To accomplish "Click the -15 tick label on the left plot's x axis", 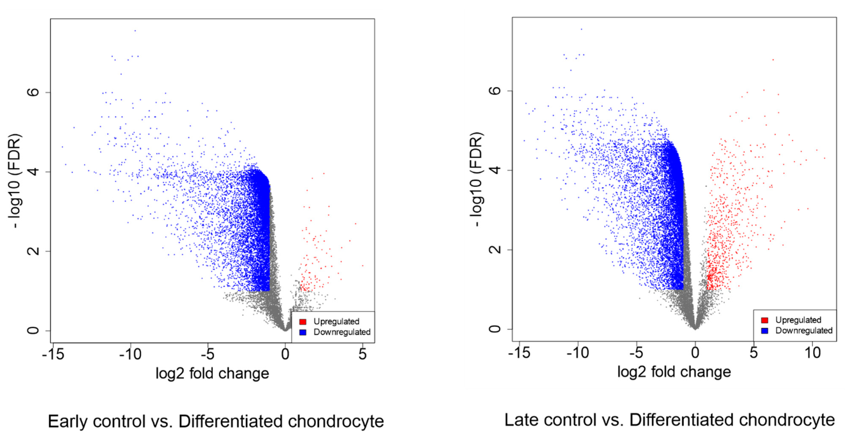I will [x=53, y=354].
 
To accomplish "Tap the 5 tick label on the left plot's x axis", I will [x=363, y=354].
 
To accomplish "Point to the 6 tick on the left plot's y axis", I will [x=33, y=92].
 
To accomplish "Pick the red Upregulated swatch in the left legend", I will [x=303, y=322].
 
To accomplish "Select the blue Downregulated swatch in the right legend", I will [x=765, y=331].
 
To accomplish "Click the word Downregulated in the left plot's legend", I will [x=342, y=332].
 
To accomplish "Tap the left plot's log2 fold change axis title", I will [x=212, y=373].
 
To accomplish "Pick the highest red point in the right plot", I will [x=773, y=60].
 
